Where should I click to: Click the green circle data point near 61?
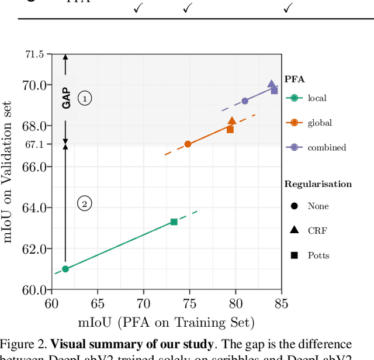pyautogui.click(x=65, y=269)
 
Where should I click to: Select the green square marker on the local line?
pyautogui.click(x=174, y=222)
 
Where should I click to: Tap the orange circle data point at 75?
pyautogui.click(x=188, y=144)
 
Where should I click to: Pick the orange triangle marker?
pyautogui.click(x=232, y=121)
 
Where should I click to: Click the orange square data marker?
pyautogui.click(x=230, y=129)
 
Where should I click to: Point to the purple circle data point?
pyautogui.click(x=245, y=101)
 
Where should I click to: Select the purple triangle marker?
pyautogui.click(x=271, y=84)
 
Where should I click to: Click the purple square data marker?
pyautogui.click(x=274, y=91)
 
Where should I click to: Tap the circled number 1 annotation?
pyautogui.click(x=85, y=99)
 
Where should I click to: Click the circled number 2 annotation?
pyautogui.click(x=85, y=204)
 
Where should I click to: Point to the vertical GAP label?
pyautogui.click(x=66, y=98)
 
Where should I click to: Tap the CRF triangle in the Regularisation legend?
pyautogui.click(x=294, y=230)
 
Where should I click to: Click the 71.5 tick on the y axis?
pyautogui.click(x=34, y=54)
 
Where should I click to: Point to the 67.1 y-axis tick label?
pyautogui.click(x=34, y=144)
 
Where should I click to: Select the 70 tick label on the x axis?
pyautogui.click(x=143, y=304)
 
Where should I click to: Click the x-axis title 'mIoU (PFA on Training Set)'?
pyautogui.click(x=167, y=323)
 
